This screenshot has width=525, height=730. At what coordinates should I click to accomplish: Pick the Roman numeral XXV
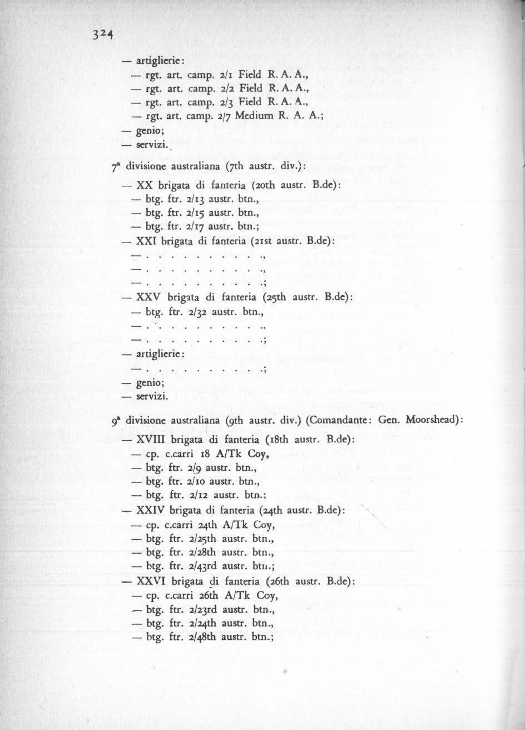pos(147,298)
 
